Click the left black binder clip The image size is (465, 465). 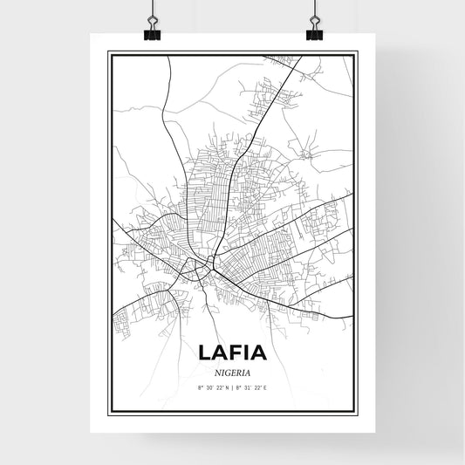(x=153, y=34)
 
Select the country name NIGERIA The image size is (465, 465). (x=232, y=371)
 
